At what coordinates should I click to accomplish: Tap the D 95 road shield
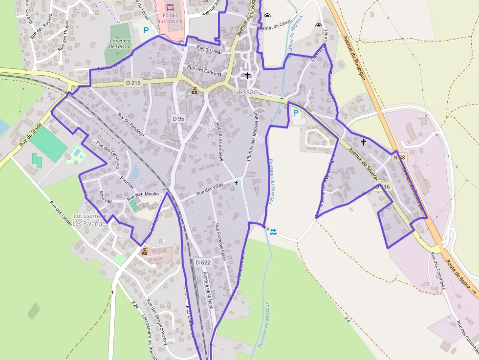(x=178, y=119)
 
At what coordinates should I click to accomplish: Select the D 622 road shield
(x=203, y=262)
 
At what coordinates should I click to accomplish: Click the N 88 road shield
(x=399, y=157)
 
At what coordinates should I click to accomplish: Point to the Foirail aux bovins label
(x=170, y=19)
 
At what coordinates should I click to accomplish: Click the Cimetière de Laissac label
(x=120, y=44)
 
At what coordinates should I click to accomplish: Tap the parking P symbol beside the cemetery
(x=146, y=30)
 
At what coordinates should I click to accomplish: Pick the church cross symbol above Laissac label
(x=248, y=76)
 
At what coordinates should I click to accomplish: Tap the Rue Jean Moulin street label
(x=143, y=196)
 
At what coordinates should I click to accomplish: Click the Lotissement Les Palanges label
(x=89, y=220)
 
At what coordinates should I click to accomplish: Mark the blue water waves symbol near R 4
(x=273, y=232)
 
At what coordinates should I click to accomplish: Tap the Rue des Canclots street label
(x=204, y=71)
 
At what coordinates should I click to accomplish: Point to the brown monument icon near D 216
(x=195, y=90)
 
